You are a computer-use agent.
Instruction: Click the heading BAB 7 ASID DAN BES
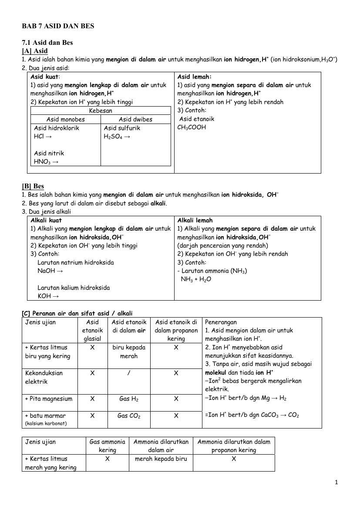(x=58, y=26)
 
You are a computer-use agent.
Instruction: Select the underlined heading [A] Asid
(x=35, y=51)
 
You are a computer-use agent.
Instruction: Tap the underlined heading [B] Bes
(x=33, y=187)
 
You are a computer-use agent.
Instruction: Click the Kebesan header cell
(x=101, y=111)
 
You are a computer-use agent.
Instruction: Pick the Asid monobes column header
(x=66, y=120)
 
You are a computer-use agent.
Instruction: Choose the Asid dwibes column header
(x=135, y=120)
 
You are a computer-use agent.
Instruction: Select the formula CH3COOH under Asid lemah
(x=192, y=127)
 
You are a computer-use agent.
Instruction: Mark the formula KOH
(x=45, y=296)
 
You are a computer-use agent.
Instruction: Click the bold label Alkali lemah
(x=195, y=221)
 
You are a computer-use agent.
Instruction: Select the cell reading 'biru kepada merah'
(x=129, y=352)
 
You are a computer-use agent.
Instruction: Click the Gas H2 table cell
(x=129, y=399)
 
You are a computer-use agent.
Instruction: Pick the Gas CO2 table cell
(x=129, y=416)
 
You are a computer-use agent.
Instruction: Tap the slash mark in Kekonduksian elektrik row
(x=129, y=373)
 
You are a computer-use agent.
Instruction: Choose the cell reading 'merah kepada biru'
(x=161, y=459)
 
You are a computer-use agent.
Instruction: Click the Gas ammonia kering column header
(x=107, y=446)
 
